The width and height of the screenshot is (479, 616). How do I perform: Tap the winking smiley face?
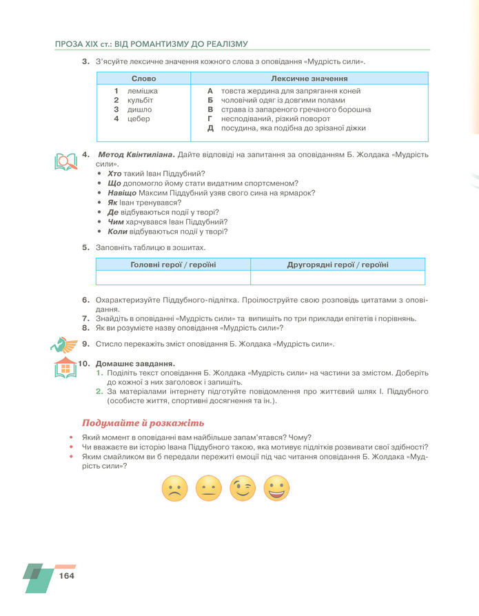coord(243,488)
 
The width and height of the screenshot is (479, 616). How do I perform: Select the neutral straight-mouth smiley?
coord(208,488)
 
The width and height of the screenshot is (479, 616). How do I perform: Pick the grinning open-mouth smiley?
coord(276,488)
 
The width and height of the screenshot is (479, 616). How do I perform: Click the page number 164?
coord(67,575)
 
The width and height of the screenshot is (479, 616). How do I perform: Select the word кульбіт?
coord(141,100)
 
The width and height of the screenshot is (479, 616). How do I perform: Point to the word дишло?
coord(139,110)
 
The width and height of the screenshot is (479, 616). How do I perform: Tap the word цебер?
coord(139,119)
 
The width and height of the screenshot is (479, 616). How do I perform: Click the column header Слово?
coord(143,79)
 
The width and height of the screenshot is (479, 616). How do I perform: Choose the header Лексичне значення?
coord(309,79)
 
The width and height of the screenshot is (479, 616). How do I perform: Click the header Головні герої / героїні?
coord(173,265)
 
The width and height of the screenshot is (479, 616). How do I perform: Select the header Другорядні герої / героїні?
coord(338,265)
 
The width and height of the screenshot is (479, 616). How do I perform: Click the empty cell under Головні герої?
coord(173,277)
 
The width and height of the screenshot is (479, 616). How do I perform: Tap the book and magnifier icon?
coord(65,161)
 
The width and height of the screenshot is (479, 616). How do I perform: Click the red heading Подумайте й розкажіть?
coord(143,422)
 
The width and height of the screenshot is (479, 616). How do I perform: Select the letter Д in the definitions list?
coord(211,128)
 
